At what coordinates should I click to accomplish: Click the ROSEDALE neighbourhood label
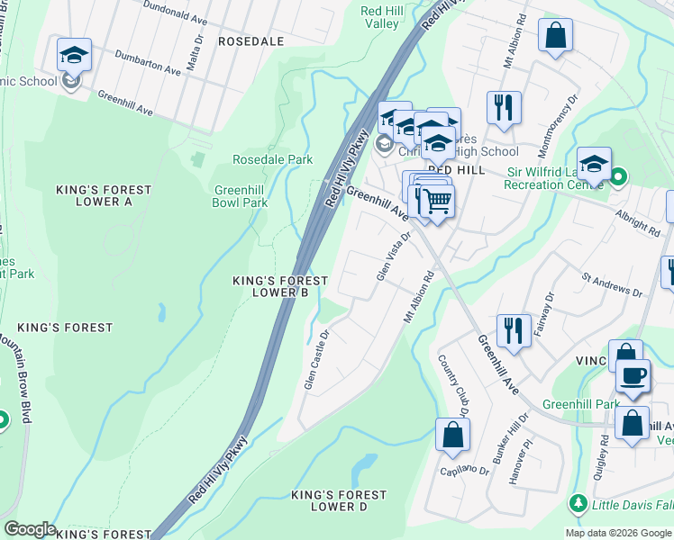(250, 41)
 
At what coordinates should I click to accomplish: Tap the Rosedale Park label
(272, 159)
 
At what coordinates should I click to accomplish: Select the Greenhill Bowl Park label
(241, 196)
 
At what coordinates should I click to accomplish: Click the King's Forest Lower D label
(339, 500)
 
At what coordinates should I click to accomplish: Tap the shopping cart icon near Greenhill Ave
(436, 201)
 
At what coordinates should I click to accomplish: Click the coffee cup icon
(633, 374)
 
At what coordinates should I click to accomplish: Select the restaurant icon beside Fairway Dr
(514, 329)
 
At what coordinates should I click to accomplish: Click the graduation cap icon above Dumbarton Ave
(74, 55)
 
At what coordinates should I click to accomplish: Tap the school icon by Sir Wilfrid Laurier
(594, 164)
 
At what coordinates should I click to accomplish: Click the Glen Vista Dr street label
(393, 256)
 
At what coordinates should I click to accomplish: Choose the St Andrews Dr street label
(612, 286)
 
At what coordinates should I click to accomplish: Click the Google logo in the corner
(30, 529)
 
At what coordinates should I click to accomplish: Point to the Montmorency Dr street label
(560, 116)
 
